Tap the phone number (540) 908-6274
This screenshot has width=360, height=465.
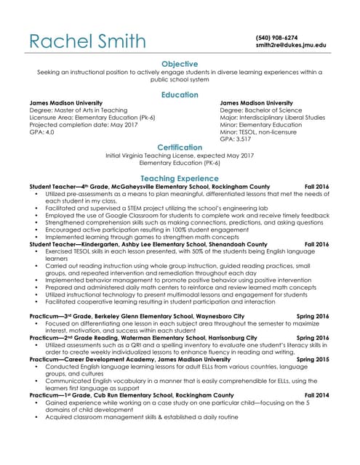point(276,37)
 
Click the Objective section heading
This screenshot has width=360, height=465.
point(179,64)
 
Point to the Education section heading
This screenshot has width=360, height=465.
point(179,94)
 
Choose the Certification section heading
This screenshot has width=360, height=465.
point(179,147)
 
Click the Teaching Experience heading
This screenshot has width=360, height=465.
point(179,178)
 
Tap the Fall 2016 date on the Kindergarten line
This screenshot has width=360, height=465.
point(316,245)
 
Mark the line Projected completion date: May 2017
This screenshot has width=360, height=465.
point(82,124)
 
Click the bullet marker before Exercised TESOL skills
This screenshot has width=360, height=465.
point(36,252)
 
